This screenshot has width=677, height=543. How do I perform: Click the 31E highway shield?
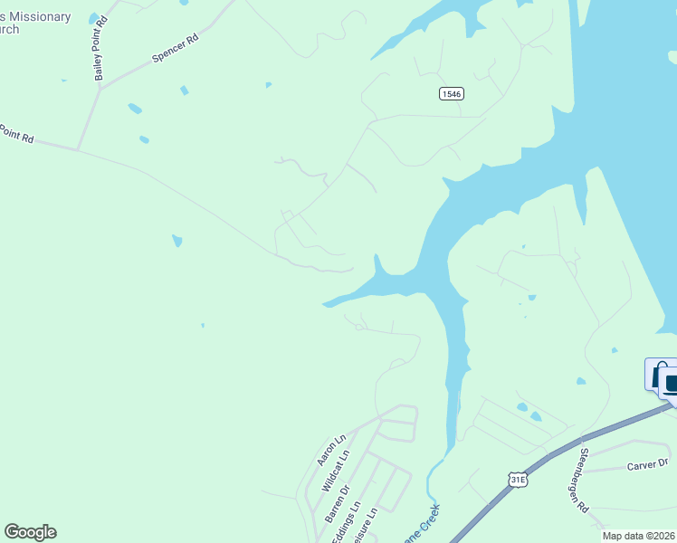click(x=517, y=480)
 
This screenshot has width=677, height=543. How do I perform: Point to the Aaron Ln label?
click(x=332, y=450)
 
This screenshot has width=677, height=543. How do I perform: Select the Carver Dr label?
click(x=647, y=465)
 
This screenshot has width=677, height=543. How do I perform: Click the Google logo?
click(x=30, y=532)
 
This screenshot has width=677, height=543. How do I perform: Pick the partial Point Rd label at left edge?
click(x=16, y=135)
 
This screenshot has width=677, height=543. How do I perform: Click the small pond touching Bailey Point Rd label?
click(x=94, y=18)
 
